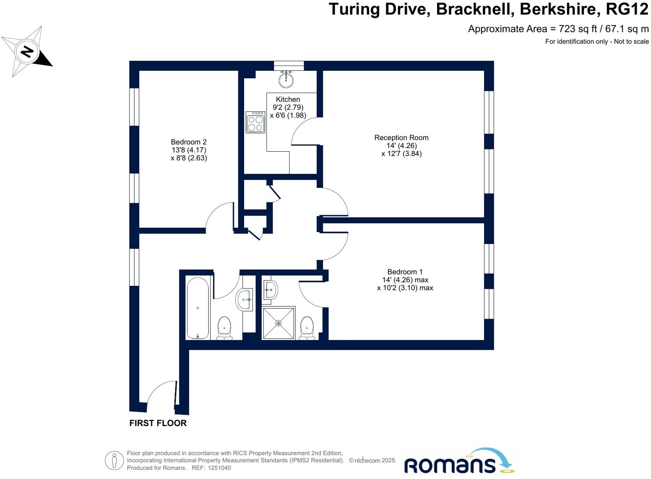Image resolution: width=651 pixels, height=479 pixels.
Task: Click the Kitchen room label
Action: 288,100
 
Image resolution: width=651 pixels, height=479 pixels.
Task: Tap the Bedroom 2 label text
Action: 189,142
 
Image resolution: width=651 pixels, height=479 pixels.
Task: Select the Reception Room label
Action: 401,138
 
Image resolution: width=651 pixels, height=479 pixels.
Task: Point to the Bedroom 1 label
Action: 405,272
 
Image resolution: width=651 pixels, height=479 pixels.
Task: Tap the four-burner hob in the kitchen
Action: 255,122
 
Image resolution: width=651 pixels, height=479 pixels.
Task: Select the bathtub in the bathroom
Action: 198,308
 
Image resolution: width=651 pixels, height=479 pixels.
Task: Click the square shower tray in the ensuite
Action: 278,323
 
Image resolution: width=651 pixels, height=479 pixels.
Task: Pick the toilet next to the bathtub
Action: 224,328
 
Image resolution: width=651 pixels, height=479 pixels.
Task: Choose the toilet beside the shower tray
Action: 307,328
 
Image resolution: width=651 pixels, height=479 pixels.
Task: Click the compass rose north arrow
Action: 27,52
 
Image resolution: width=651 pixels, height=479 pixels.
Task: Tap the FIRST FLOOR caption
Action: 158,423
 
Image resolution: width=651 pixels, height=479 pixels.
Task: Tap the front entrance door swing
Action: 161,392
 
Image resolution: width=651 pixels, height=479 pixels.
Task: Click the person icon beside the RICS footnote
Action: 114,461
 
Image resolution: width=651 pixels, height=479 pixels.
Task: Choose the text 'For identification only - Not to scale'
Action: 597,42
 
